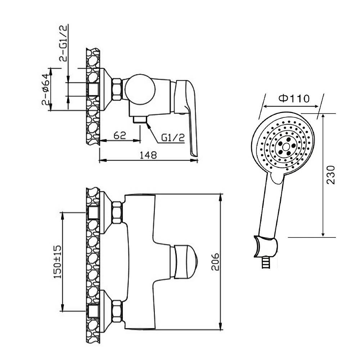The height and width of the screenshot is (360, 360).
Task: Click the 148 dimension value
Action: [x=148, y=155]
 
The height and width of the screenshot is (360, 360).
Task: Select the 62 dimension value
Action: [x=120, y=135]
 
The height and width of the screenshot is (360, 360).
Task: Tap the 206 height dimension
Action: [x=215, y=262]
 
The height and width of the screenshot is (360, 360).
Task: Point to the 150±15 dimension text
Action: [x=58, y=262]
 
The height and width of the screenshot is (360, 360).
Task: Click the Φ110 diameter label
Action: [x=294, y=99]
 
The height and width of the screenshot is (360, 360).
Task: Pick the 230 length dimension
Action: [x=331, y=175]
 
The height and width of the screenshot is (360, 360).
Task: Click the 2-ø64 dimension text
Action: [x=45, y=89]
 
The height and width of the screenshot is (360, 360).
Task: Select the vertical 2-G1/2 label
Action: [x=63, y=43]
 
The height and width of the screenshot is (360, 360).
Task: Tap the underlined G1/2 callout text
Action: [x=173, y=138]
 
